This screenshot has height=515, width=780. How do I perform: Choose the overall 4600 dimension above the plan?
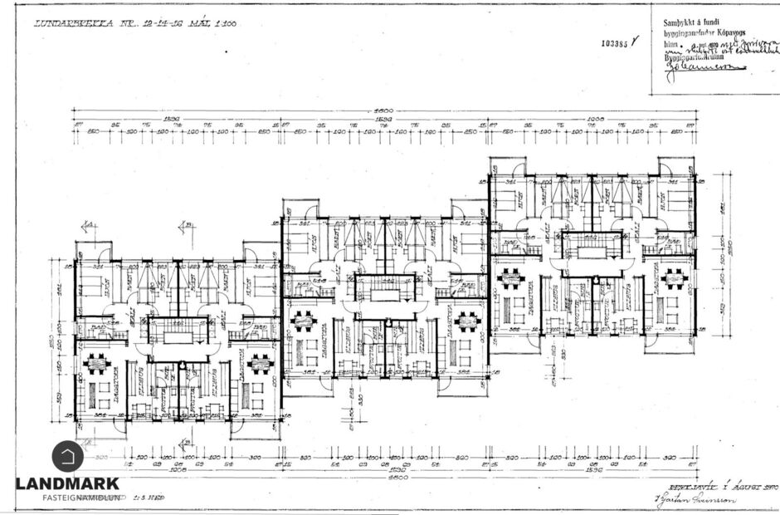pyautogui.click(x=383, y=111)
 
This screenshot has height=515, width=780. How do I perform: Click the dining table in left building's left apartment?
pyautogui.click(x=97, y=363)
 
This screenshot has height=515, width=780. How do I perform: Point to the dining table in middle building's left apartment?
pyautogui.click(x=305, y=319)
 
